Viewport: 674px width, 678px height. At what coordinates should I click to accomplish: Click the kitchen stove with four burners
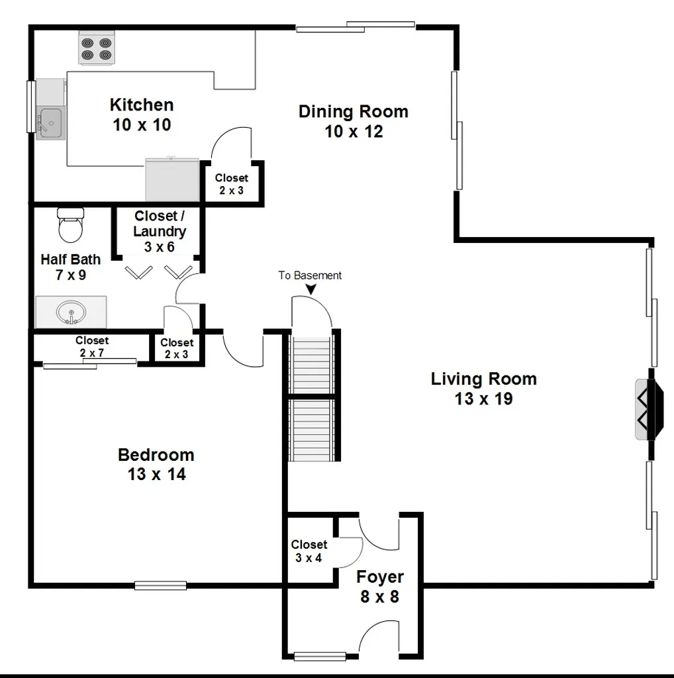click(97, 48)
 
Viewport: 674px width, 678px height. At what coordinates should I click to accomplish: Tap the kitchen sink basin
click(50, 122)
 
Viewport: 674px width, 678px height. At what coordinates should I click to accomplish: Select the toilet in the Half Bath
click(70, 225)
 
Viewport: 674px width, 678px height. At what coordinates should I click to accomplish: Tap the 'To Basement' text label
click(310, 275)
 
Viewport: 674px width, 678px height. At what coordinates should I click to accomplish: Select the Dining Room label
click(353, 111)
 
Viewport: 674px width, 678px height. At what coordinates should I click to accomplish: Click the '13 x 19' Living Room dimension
click(483, 399)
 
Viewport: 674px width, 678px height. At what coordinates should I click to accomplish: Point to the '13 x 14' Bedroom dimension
click(156, 474)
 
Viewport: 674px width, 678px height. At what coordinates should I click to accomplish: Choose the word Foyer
click(380, 577)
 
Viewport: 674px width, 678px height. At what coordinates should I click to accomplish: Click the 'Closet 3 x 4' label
click(309, 551)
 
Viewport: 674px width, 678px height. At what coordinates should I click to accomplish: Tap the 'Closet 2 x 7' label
click(91, 346)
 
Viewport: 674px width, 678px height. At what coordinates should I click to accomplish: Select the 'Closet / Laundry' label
click(160, 224)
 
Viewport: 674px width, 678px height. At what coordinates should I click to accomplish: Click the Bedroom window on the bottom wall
click(160, 585)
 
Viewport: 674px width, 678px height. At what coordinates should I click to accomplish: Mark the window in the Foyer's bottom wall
click(320, 656)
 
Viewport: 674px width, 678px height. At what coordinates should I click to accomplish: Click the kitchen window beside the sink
click(30, 107)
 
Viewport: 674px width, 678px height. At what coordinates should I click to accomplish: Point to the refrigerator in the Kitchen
click(172, 179)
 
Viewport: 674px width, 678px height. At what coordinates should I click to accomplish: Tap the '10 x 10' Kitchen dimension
click(142, 125)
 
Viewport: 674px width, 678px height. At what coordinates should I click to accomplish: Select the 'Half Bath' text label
click(70, 260)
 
